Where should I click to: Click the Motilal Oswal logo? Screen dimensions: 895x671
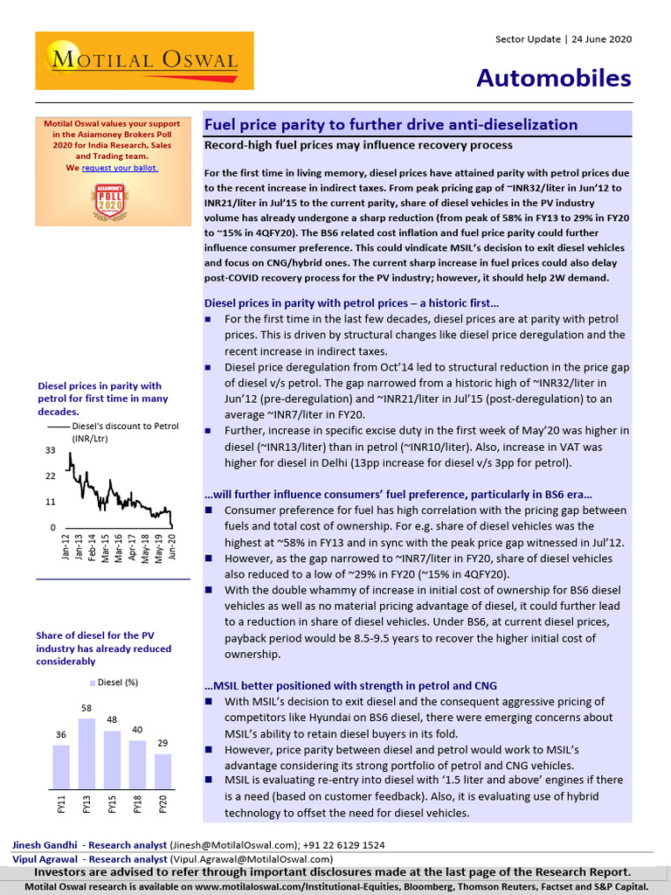[144, 60]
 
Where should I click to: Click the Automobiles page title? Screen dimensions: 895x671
[553, 78]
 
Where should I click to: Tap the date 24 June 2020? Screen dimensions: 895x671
[601, 39]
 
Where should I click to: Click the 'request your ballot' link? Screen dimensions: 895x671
[120, 167]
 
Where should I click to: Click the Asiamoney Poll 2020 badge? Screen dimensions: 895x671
[110, 202]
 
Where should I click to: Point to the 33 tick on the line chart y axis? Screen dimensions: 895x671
[51, 451]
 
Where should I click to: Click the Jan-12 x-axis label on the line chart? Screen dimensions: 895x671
[66, 545]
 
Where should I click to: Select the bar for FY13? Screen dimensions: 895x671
[86, 753]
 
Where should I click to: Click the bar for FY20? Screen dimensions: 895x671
[163, 771]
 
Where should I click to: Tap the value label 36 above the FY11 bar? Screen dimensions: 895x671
[61, 736]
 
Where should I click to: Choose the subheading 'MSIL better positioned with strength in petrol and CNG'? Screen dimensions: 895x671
[350, 685]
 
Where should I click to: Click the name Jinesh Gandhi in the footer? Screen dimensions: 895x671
[43, 845]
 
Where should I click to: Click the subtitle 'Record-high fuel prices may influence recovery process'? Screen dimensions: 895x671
[358, 145]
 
